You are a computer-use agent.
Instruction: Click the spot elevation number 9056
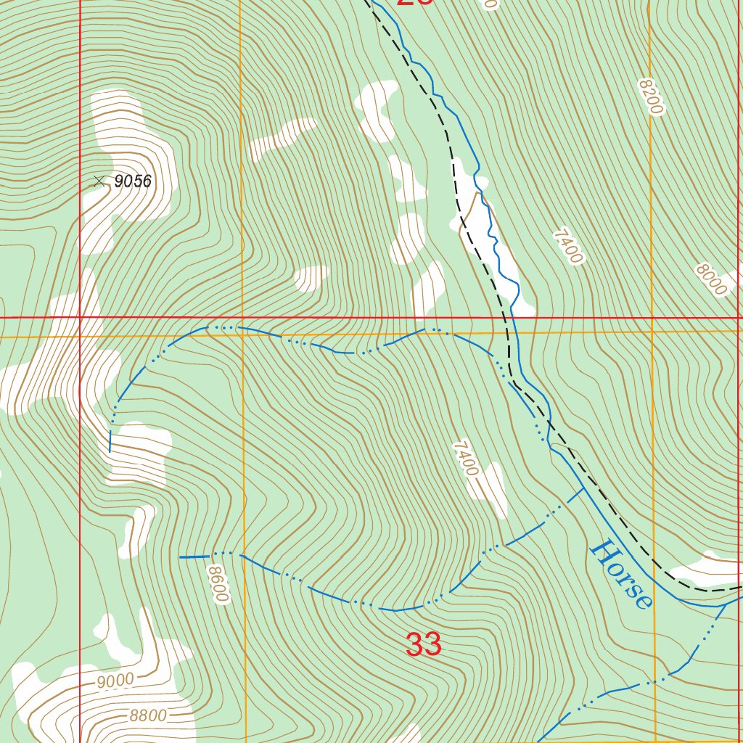(133, 181)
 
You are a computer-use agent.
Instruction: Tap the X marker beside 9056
(99, 181)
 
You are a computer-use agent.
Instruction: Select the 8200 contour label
(651, 97)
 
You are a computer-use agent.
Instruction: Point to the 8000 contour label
(710, 279)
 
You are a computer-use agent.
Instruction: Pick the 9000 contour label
(115, 681)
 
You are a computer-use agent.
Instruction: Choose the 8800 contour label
(148, 716)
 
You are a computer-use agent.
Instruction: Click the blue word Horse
(620, 574)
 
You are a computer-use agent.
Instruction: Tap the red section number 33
(424, 644)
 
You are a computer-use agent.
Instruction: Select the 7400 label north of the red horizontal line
(567, 246)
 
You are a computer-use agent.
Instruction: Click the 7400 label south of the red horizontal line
(465, 459)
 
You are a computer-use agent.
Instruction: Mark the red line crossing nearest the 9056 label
(80, 317)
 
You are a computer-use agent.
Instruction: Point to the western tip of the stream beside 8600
(181, 557)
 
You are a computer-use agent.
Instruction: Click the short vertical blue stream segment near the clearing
(110, 440)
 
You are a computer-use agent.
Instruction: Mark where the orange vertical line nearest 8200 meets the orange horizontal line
(652, 331)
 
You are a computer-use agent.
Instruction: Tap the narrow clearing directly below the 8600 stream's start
(138, 530)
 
